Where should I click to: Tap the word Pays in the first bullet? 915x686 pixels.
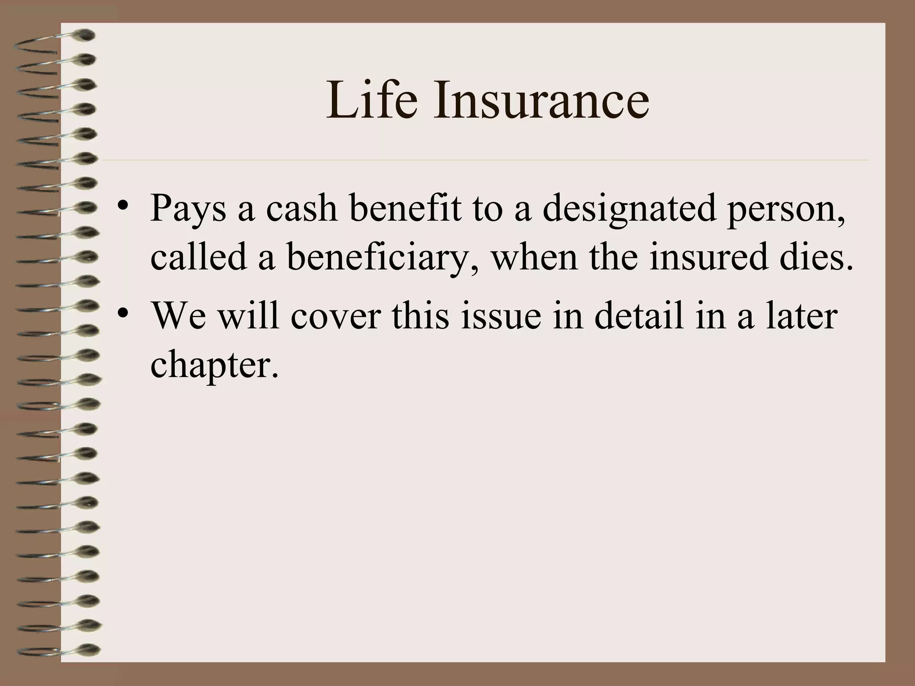(188, 209)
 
